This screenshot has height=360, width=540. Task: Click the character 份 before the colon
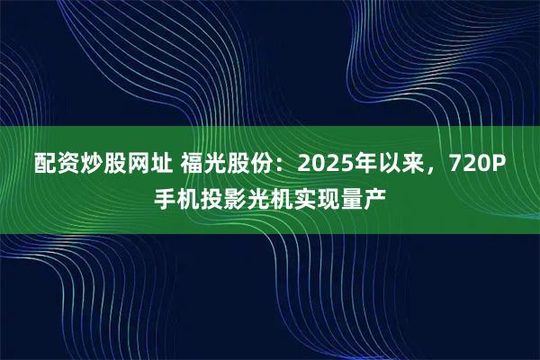click(275, 164)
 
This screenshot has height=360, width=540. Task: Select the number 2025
click(332, 164)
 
